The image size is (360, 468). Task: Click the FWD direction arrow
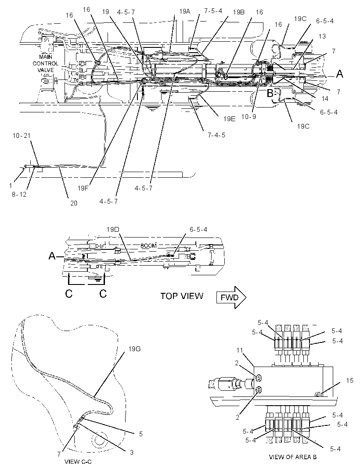click(231, 297)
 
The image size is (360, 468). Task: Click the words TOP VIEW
click(182, 296)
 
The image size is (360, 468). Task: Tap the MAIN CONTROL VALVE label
click(45, 63)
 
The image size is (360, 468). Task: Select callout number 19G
click(134, 349)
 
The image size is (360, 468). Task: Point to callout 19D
click(113, 230)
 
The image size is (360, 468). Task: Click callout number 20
click(73, 203)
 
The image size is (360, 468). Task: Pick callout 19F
click(83, 188)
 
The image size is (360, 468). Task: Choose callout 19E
click(229, 119)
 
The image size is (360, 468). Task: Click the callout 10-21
click(22, 136)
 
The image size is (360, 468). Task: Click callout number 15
click(349, 381)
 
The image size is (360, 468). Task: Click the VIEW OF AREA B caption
click(292, 457)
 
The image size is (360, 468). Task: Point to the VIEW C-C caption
click(78, 462)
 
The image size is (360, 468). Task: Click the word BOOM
click(149, 246)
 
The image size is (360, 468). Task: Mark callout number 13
click(322, 36)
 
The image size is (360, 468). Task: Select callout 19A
click(185, 11)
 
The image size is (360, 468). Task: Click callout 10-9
click(248, 116)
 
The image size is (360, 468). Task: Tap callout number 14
click(324, 98)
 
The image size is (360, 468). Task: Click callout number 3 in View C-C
click(132, 453)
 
